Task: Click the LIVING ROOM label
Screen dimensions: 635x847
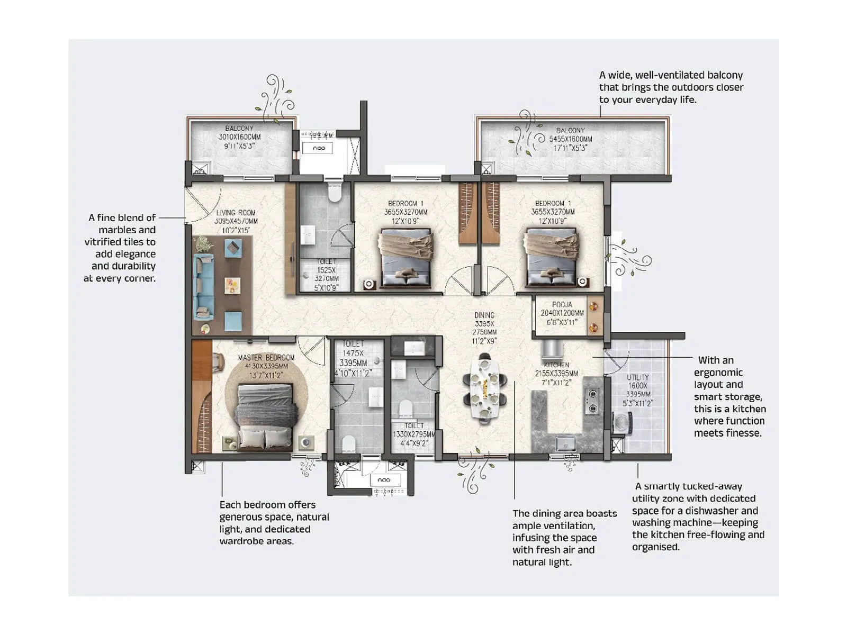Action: [236, 213]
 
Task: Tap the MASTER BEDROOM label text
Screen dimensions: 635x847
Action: [266, 358]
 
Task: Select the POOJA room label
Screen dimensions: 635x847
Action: [562, 305]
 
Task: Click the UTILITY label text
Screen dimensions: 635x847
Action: [637, 377]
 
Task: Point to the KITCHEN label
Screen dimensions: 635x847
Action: [556, 365]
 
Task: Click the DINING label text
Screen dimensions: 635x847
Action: [484, 315]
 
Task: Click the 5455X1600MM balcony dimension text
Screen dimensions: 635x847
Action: [571, 139]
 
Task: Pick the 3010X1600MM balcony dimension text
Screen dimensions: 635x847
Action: [239, 137]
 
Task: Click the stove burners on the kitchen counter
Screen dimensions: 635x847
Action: [592, 401]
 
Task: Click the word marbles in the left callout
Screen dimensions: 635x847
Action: [127, 230]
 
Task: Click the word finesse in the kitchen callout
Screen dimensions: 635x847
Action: [744, 433]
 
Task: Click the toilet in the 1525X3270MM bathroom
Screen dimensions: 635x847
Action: [334, 193]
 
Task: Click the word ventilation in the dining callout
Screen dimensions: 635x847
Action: [567, 525]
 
